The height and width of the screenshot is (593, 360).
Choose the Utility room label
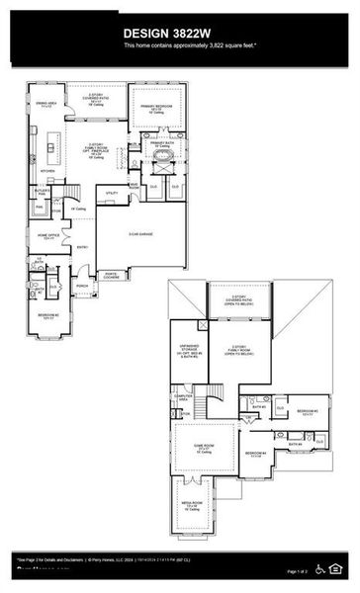pos(112,194)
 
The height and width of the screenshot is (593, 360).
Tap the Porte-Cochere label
pos(111,276)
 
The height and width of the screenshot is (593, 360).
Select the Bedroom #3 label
pos(307,412)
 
